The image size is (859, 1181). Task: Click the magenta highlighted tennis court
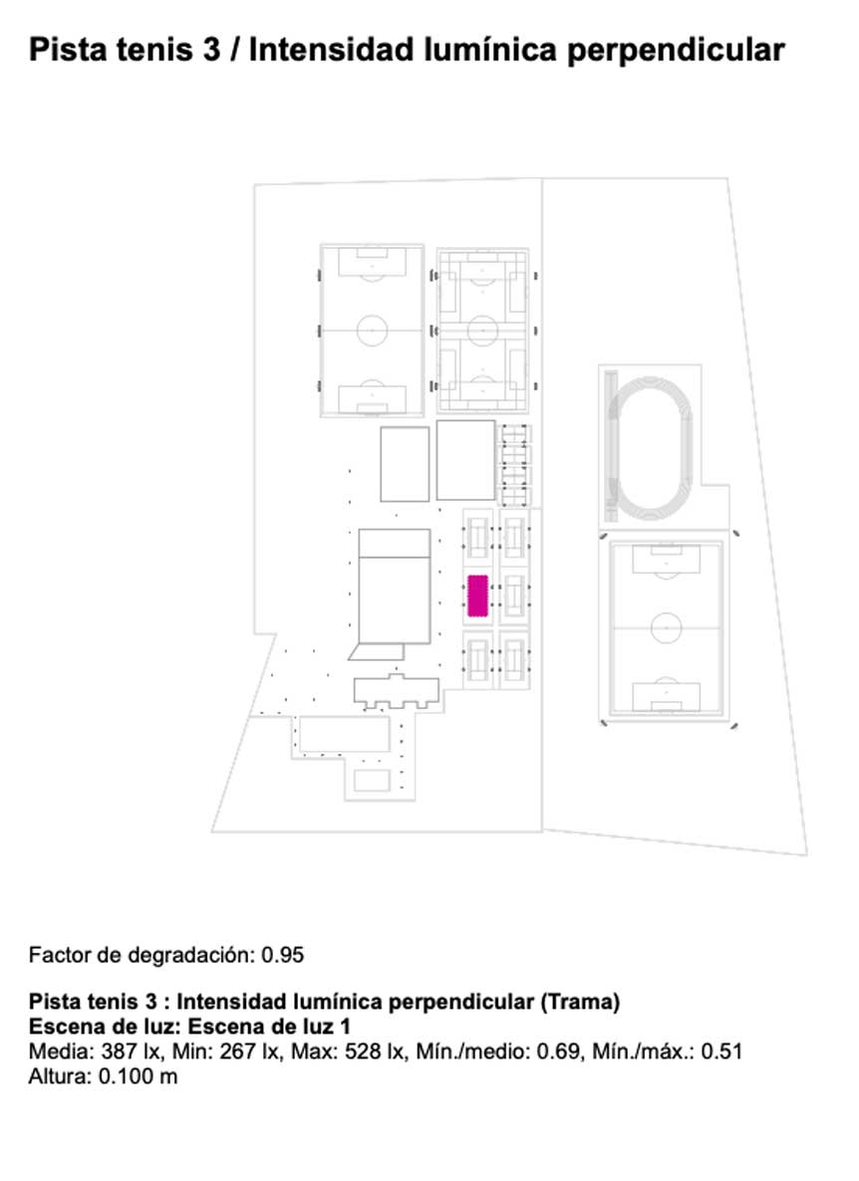(477, 595)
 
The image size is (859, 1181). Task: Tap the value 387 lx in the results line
(131, 1052)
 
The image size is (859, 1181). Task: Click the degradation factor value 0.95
(283, 955)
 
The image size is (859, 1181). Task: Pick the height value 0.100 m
(138, 1076)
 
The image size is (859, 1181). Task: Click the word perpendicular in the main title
(676, 51)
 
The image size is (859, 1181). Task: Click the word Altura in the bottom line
(59, 1076)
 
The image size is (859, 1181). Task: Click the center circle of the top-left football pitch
(373, 330)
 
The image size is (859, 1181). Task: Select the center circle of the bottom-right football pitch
(666, 627)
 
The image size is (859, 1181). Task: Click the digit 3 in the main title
(211, 51)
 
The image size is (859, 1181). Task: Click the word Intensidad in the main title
(332, 51)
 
